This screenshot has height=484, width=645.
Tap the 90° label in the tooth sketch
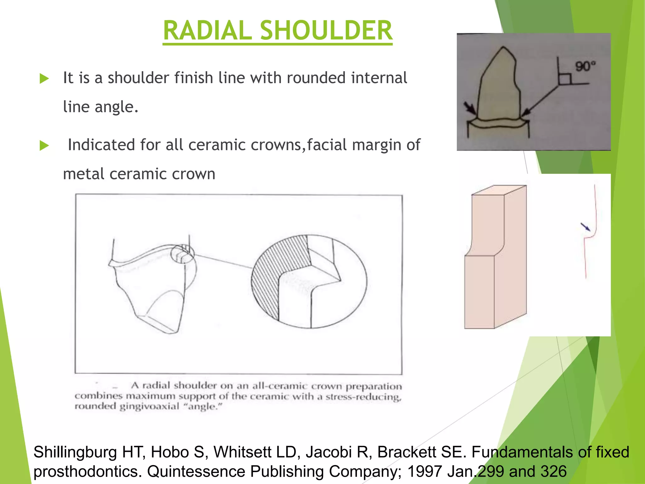click(585, 66)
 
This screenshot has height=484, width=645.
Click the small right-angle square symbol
click(564, 79)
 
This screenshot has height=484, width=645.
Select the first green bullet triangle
click(44, 78)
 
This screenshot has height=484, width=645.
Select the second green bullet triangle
click(44, 146)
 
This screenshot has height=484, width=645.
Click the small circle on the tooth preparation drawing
click(183, 254)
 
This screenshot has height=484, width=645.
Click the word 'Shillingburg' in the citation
click(75, 452)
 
